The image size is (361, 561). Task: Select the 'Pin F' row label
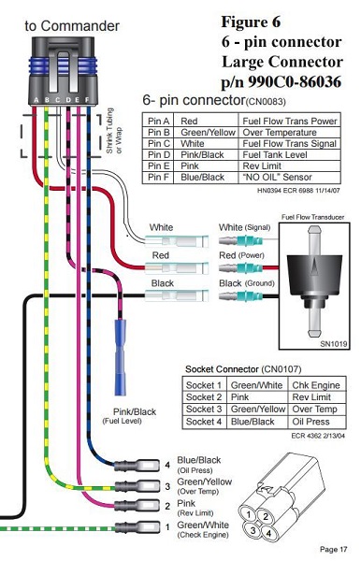[158, 177]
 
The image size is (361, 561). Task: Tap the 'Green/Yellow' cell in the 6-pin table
[208, 133]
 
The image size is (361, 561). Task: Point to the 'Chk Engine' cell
[316, 385]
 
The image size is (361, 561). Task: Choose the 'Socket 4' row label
[204, 422]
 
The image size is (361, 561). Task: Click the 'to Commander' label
[72, 26]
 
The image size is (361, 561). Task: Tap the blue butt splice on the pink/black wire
[121, 357]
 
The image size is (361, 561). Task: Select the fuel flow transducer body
[314, 280]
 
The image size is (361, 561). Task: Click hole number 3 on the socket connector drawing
[253, 530]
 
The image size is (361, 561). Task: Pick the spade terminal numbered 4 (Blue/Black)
[137, 466]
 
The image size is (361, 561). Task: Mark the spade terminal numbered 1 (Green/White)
[137, 527]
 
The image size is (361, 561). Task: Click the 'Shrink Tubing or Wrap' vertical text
[114, 131]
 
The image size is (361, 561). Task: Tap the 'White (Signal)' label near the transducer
[244, 227]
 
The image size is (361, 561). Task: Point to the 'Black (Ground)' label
[247, 283]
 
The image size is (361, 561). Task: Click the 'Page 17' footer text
[334, 549]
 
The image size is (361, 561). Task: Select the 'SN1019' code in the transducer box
[334, 344]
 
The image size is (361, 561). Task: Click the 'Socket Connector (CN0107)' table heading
[243, 369]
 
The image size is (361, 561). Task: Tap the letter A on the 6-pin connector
[36, 100]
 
